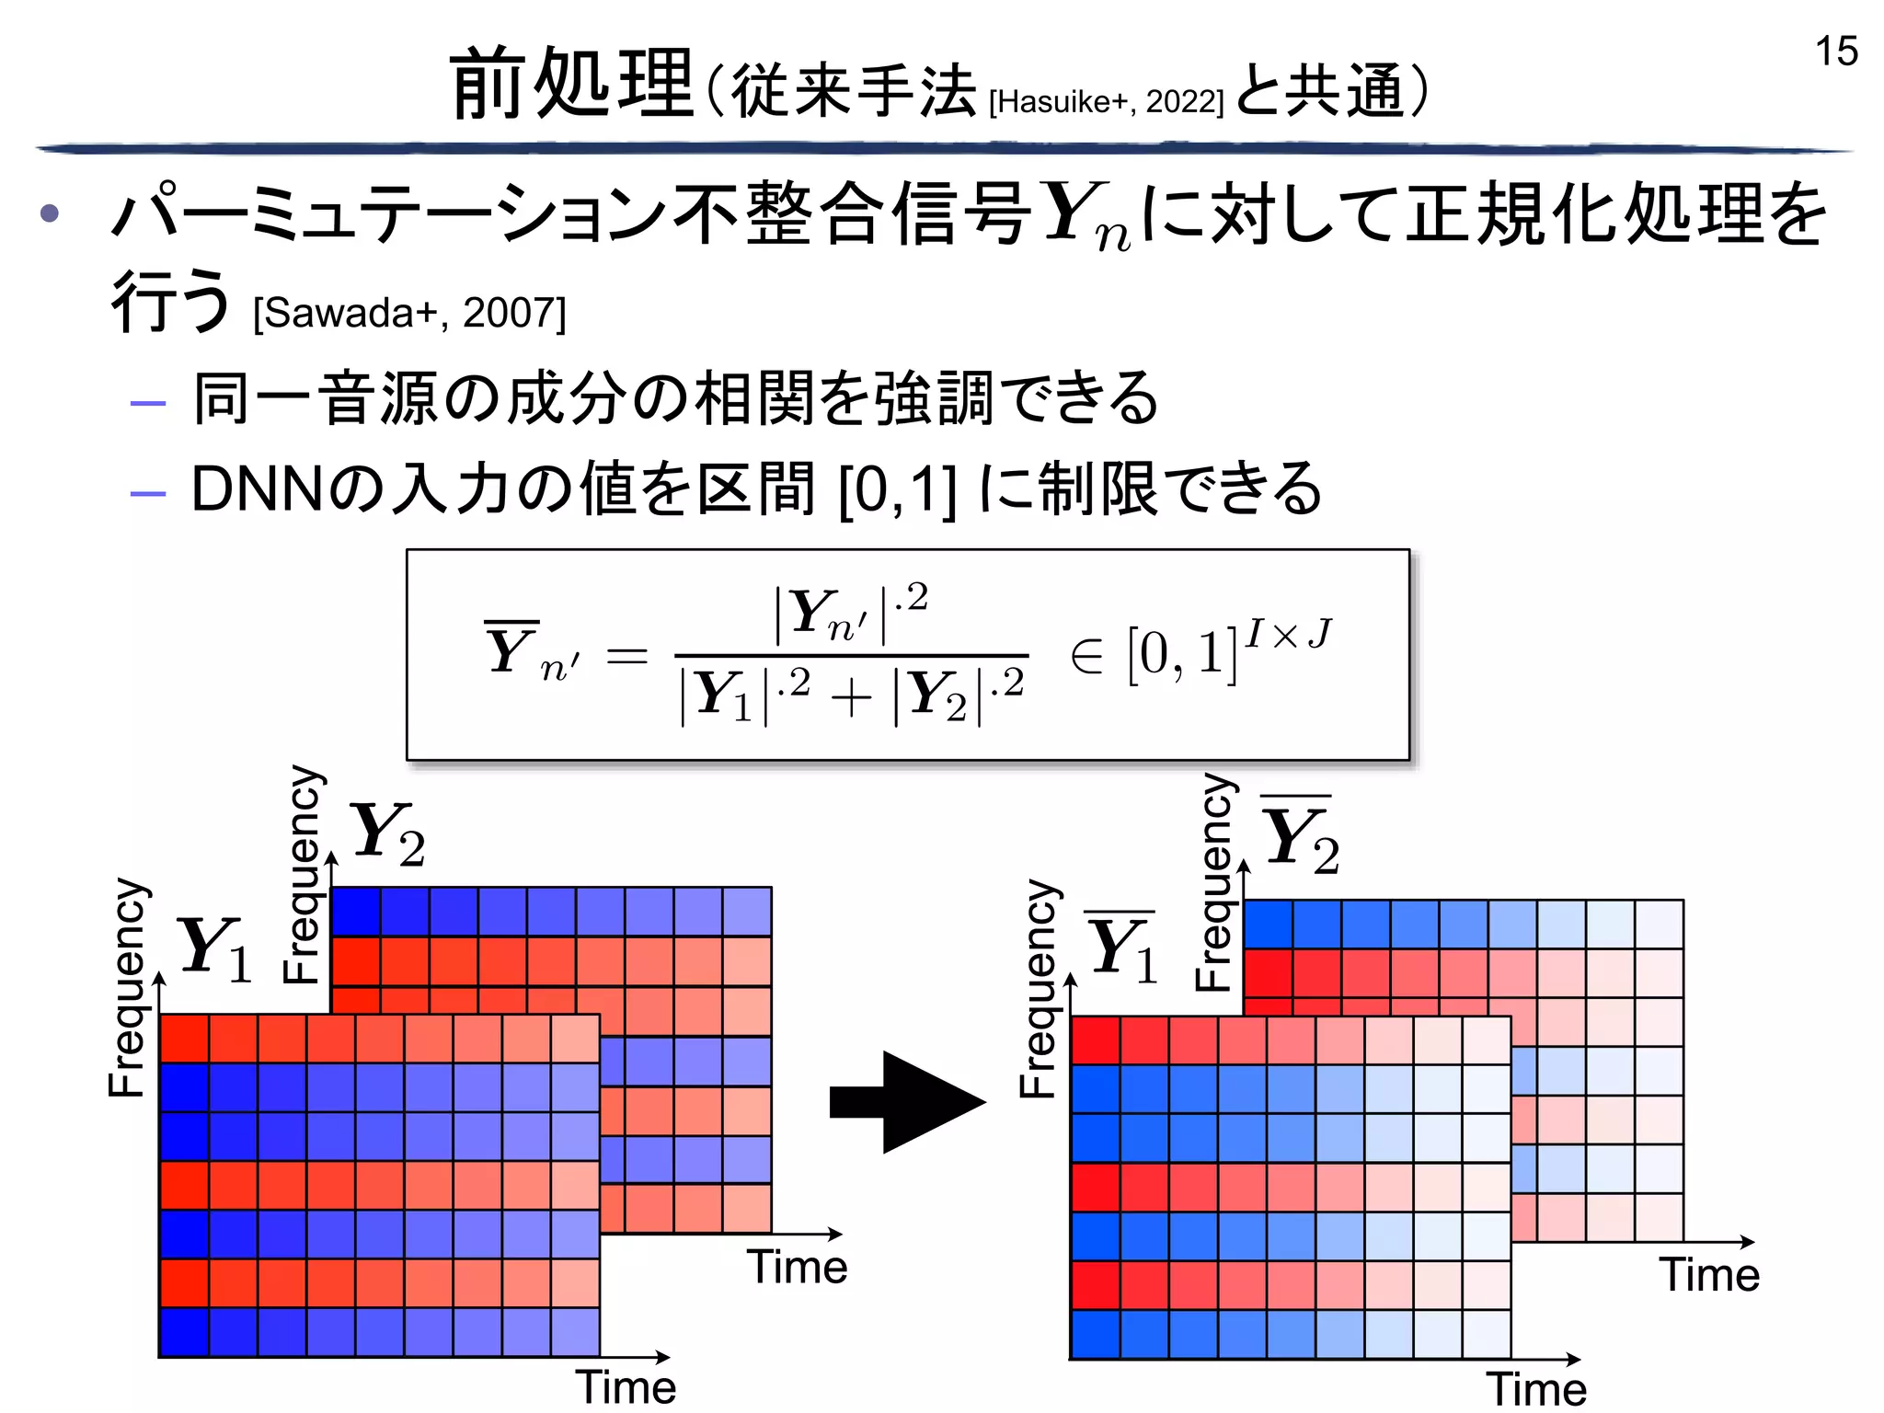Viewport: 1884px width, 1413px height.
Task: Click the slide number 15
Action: pos(1835,52)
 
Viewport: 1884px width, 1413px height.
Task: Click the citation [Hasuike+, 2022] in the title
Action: pos(1106,102)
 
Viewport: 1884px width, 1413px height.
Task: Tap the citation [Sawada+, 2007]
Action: pos(409,314)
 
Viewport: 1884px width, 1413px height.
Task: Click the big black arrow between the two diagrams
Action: pos(906,1102)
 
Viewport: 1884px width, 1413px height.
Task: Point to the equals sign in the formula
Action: pos(626,656)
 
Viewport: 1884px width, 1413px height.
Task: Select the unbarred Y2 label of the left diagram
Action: pos(387,833)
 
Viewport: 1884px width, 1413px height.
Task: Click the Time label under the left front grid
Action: pos(626,1387)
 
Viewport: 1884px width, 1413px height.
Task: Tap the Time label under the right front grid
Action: pos(1536,1389)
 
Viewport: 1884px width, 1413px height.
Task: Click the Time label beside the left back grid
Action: pos(797,1267)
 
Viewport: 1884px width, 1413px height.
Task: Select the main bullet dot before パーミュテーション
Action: pos(50,214)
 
